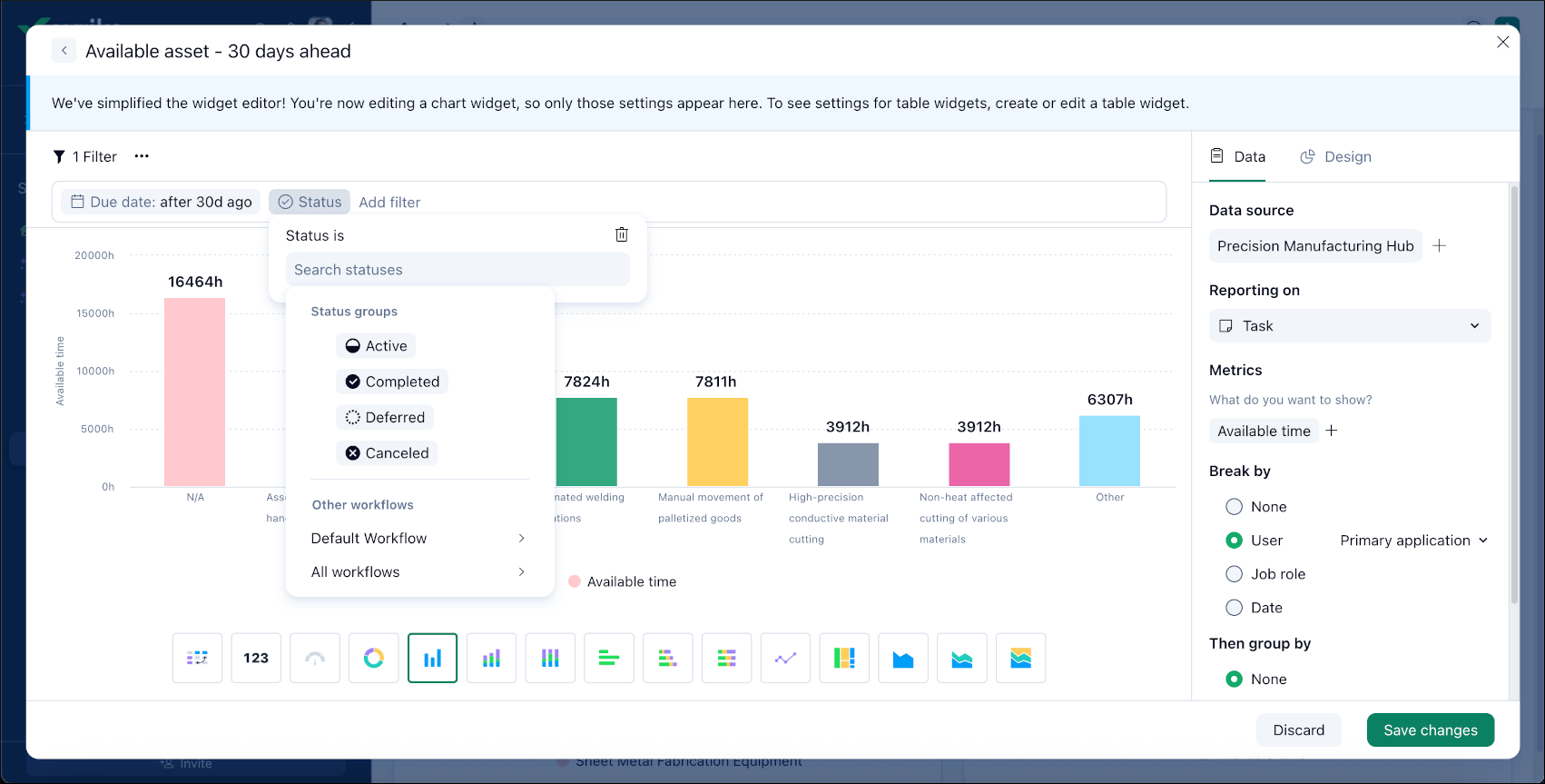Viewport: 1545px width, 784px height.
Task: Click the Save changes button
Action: click(x=1430, y=729)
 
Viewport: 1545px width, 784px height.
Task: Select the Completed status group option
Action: click(x=392, y=382)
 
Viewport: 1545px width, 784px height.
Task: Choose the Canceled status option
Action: click(x=387, y=453)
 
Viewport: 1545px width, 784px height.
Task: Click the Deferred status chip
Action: click(x=385, y=417)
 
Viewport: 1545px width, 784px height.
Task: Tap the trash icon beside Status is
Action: click(x=622, y=234)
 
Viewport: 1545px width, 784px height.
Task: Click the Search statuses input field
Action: click(x=458, y=270)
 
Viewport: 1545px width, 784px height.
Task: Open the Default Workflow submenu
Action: click(x=418, y=538)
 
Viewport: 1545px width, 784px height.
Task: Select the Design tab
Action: click(x=1336, y=156)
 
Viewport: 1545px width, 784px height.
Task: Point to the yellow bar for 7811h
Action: click(x=717, y=442)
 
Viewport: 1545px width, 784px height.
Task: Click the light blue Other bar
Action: click(x=1109, y=451)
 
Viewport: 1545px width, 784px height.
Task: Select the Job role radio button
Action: click(x=1235, y=574)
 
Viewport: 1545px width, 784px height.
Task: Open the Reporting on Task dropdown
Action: click(x=1349, y=326)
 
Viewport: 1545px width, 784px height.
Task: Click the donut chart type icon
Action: click(x=373, y=658)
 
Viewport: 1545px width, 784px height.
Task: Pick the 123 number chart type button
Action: click(x=256, y=658)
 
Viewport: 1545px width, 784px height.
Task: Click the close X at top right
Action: click(x=1503, y=42)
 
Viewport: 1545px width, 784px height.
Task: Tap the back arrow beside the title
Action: click(x=64, y=51)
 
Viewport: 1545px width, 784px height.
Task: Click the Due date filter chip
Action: click(x=162, y=202)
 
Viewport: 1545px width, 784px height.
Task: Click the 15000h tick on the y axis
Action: click(x=94, y=313)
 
